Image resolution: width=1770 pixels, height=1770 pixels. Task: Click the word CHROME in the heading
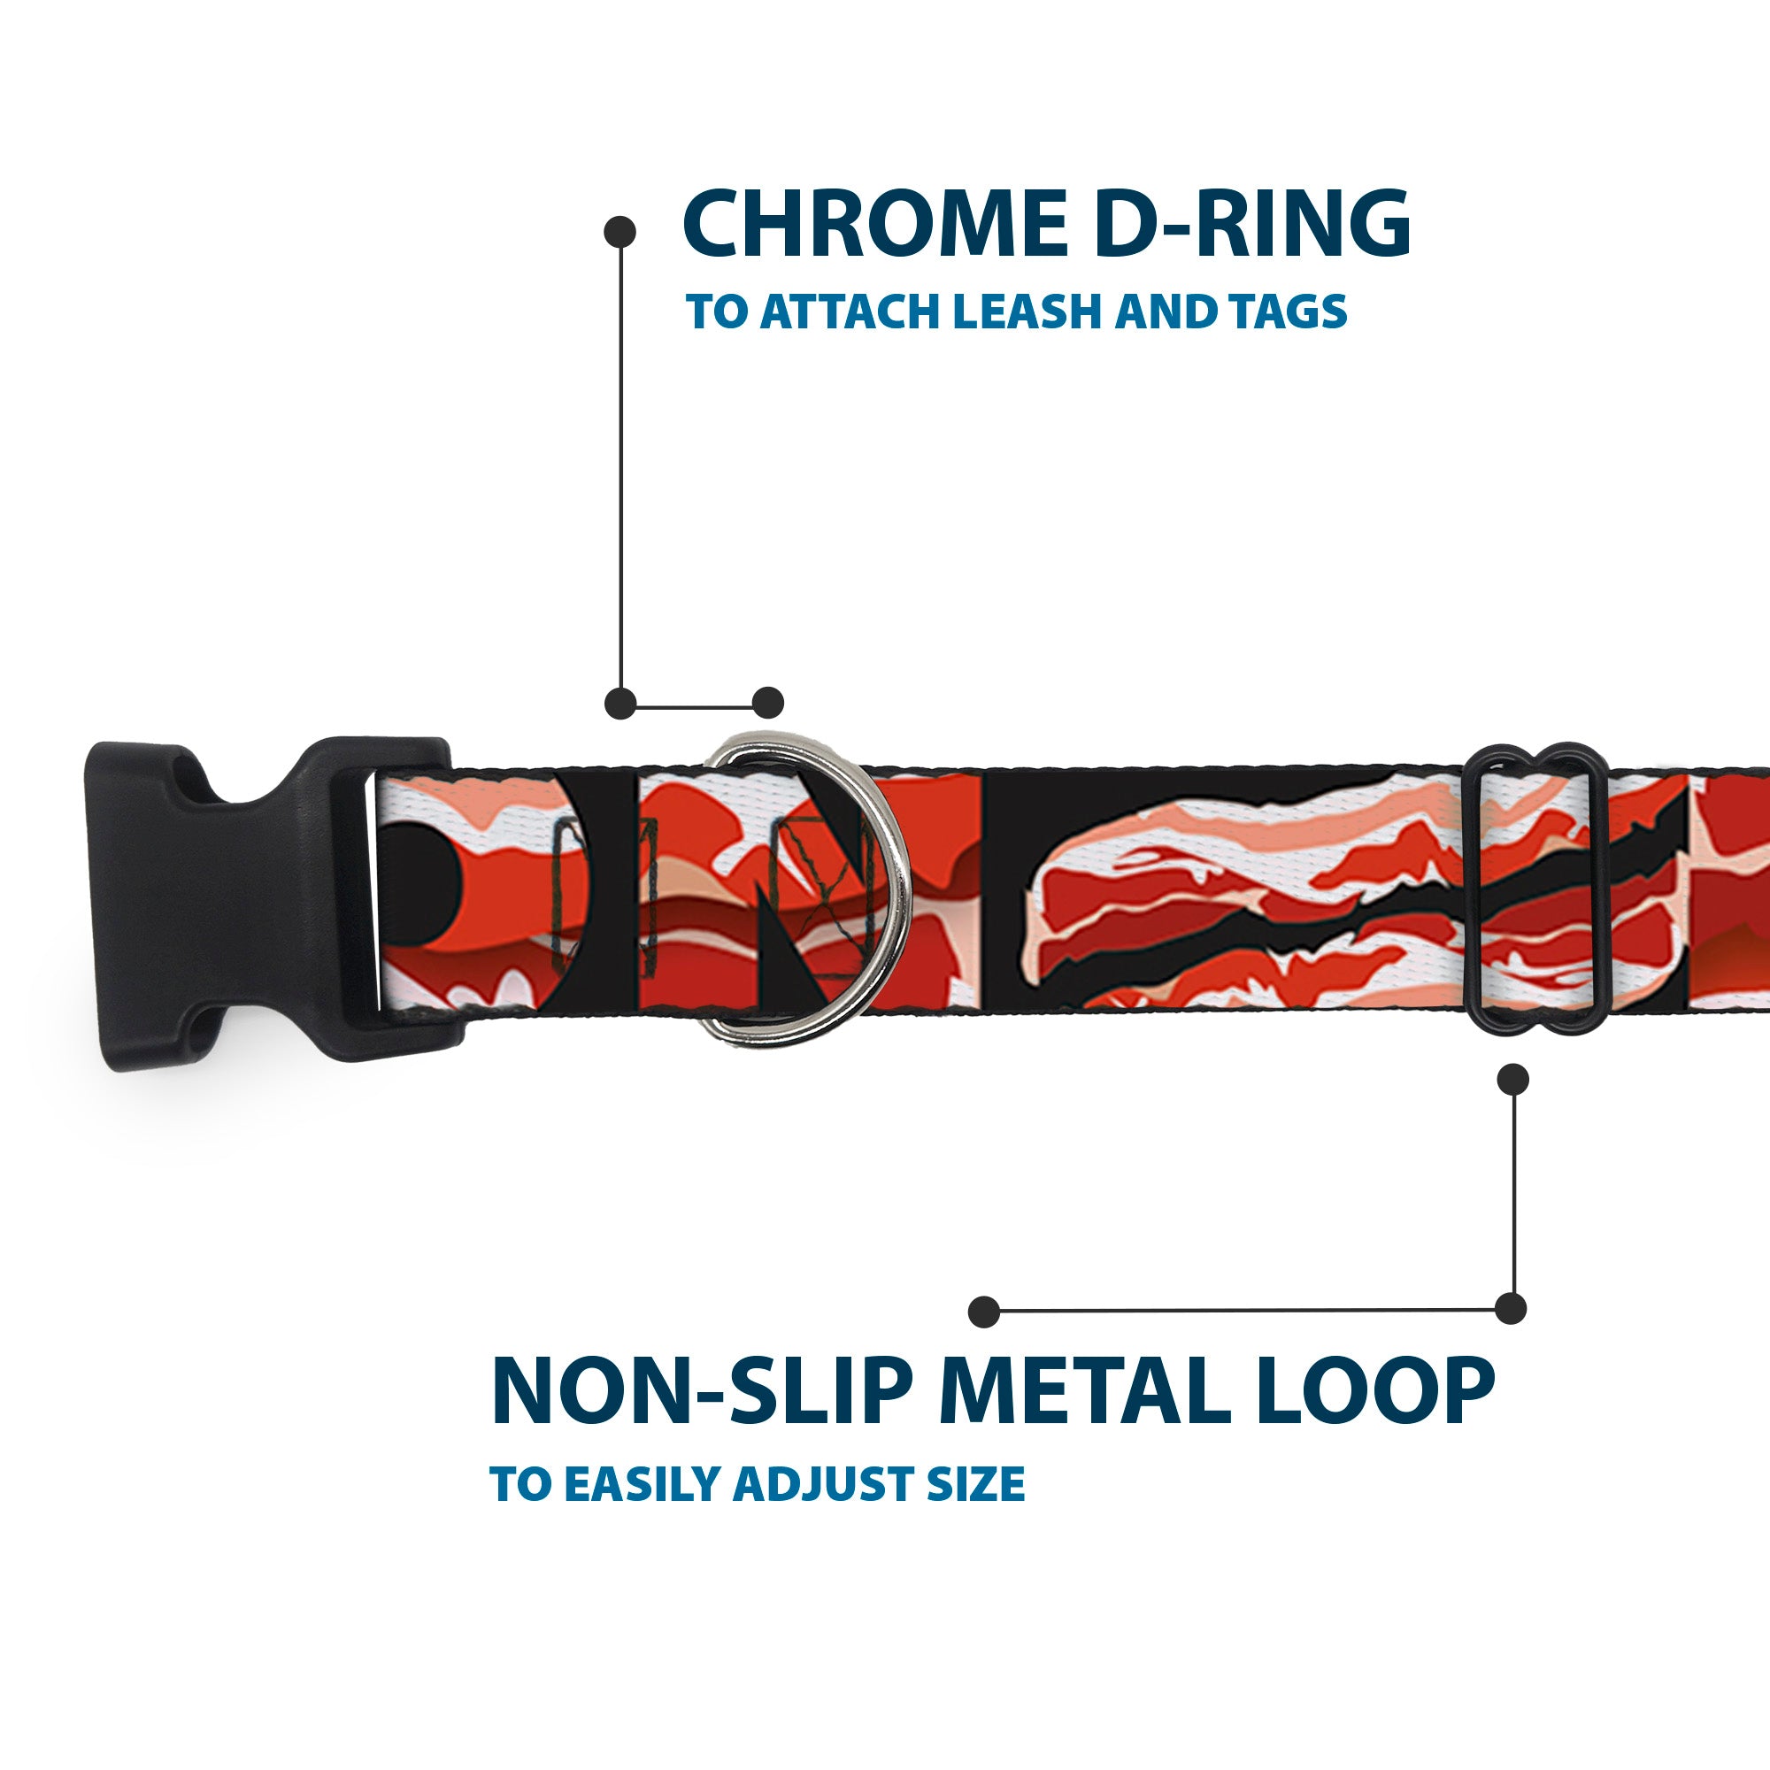tap(875, 224)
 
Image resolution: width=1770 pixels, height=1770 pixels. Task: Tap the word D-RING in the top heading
tap(1252, 224)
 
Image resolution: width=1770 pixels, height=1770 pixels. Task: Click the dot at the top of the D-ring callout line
tap(620, 231)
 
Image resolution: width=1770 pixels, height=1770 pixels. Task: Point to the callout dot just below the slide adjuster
tap(1512, 1079)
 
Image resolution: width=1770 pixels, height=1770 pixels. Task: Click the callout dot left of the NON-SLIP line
tap(984, 1312)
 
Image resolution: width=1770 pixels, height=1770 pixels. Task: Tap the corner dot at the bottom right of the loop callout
tap(1511, 1308)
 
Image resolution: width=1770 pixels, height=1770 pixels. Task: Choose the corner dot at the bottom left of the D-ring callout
tap(621, 704)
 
